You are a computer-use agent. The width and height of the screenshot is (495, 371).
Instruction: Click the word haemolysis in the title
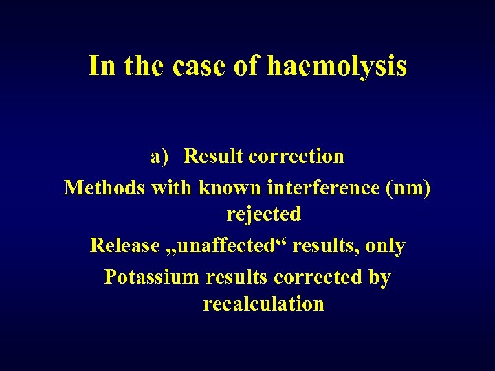pos(337,66)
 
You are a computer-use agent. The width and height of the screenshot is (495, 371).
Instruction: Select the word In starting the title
pos(101,66)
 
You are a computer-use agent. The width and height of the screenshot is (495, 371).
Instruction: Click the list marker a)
pos(159,157)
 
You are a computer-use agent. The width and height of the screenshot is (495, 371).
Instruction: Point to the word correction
pos(296,157)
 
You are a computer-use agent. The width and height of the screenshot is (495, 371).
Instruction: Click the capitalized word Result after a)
pos(213,157)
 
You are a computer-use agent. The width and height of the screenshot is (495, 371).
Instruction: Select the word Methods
pos(104,187)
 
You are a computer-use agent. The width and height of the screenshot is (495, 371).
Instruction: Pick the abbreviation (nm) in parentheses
pos(410,187)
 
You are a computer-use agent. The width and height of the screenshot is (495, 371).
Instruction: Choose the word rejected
pos(264,214)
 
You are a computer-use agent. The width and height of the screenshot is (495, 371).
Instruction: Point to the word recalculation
pos(264,304)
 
